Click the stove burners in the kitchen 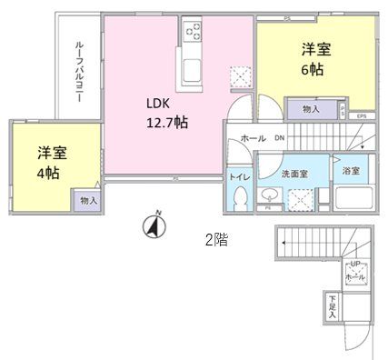(x=194, y=34)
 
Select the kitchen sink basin (x=194, y=72)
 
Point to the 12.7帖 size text (x=168, y=121)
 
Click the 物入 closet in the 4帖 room (x=89, y=199)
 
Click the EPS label (x=361, y=115)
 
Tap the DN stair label (x=279, y=138)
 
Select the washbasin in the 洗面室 (x=270, y=195)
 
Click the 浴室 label (x=350, y=171)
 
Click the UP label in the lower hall (x=354, y=265)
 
